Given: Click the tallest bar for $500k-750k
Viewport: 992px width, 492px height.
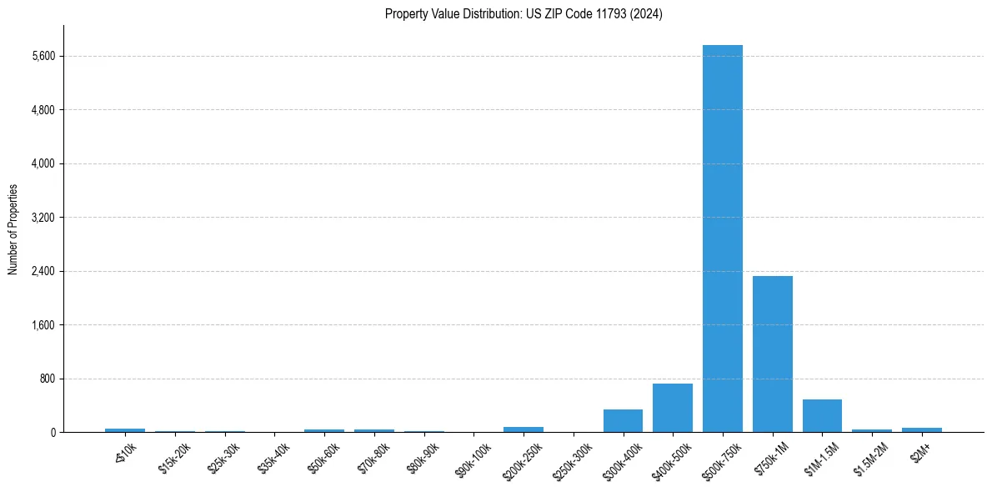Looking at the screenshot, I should click(722, 238).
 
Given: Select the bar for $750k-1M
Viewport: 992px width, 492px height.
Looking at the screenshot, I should click(772, 354).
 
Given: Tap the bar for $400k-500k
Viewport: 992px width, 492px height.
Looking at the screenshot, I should click(673, 408).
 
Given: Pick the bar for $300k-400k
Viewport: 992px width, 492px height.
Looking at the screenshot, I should click(623, 420).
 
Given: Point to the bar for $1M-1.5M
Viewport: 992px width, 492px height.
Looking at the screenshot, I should click(822, 415).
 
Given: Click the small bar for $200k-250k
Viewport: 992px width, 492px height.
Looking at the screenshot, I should click(524, 429).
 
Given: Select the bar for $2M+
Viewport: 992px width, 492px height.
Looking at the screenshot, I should click(921, 429).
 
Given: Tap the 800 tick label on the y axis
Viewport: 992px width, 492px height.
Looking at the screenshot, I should click(47, 379).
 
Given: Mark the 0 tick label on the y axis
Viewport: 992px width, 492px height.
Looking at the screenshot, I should click(52, 432).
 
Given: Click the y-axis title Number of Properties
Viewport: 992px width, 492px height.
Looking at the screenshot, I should click(13, 229).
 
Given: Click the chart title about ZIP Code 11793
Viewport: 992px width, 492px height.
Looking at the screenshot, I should click(524, 14).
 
